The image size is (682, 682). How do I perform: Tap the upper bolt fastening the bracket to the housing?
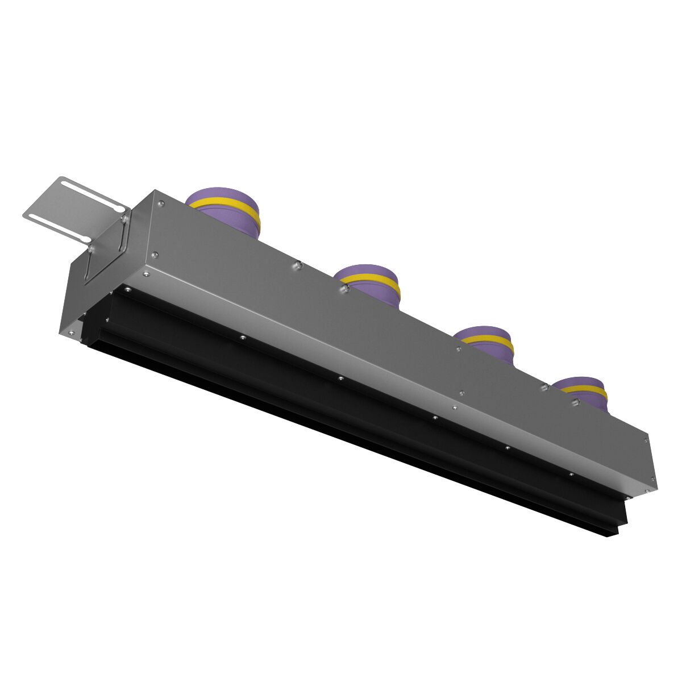[123, 217]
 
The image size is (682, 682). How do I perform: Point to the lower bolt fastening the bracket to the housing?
[90, 248]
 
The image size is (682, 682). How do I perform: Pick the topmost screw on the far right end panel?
[647, 439]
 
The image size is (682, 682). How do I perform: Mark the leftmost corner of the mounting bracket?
[24, 216]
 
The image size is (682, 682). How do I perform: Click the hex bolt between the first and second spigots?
[297, 264]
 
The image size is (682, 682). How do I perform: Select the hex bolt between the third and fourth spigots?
[544, 387]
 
